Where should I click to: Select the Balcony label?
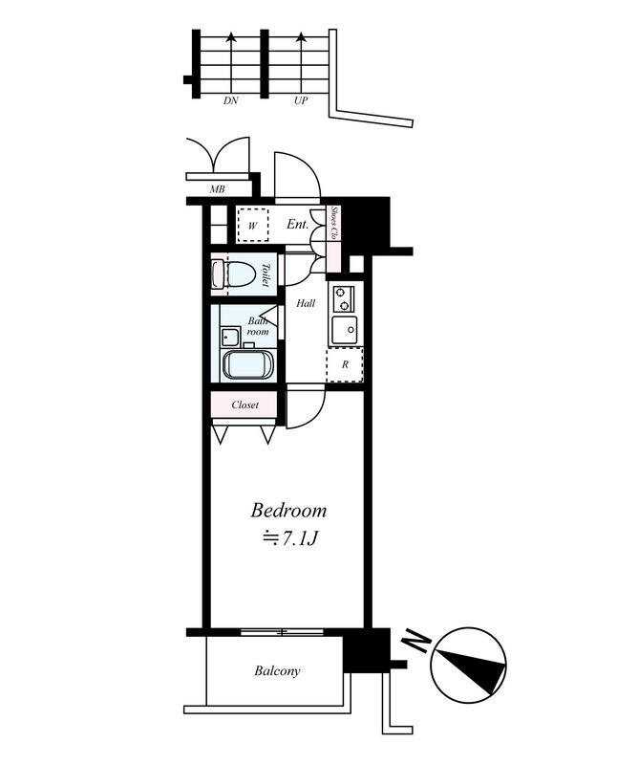point(277,671)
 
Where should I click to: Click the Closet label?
point(245,405)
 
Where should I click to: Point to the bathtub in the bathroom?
point(248,364)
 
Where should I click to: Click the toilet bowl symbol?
point(238,274)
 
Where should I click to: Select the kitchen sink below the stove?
point(343,331)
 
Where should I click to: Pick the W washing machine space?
point(253,225)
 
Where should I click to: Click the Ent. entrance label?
point(297,225)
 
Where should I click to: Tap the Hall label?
point(305,303)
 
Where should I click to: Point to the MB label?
point(217,190)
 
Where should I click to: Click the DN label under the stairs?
point(230,99)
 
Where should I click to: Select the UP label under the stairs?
point(301,99)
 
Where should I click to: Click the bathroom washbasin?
point(229,337)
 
